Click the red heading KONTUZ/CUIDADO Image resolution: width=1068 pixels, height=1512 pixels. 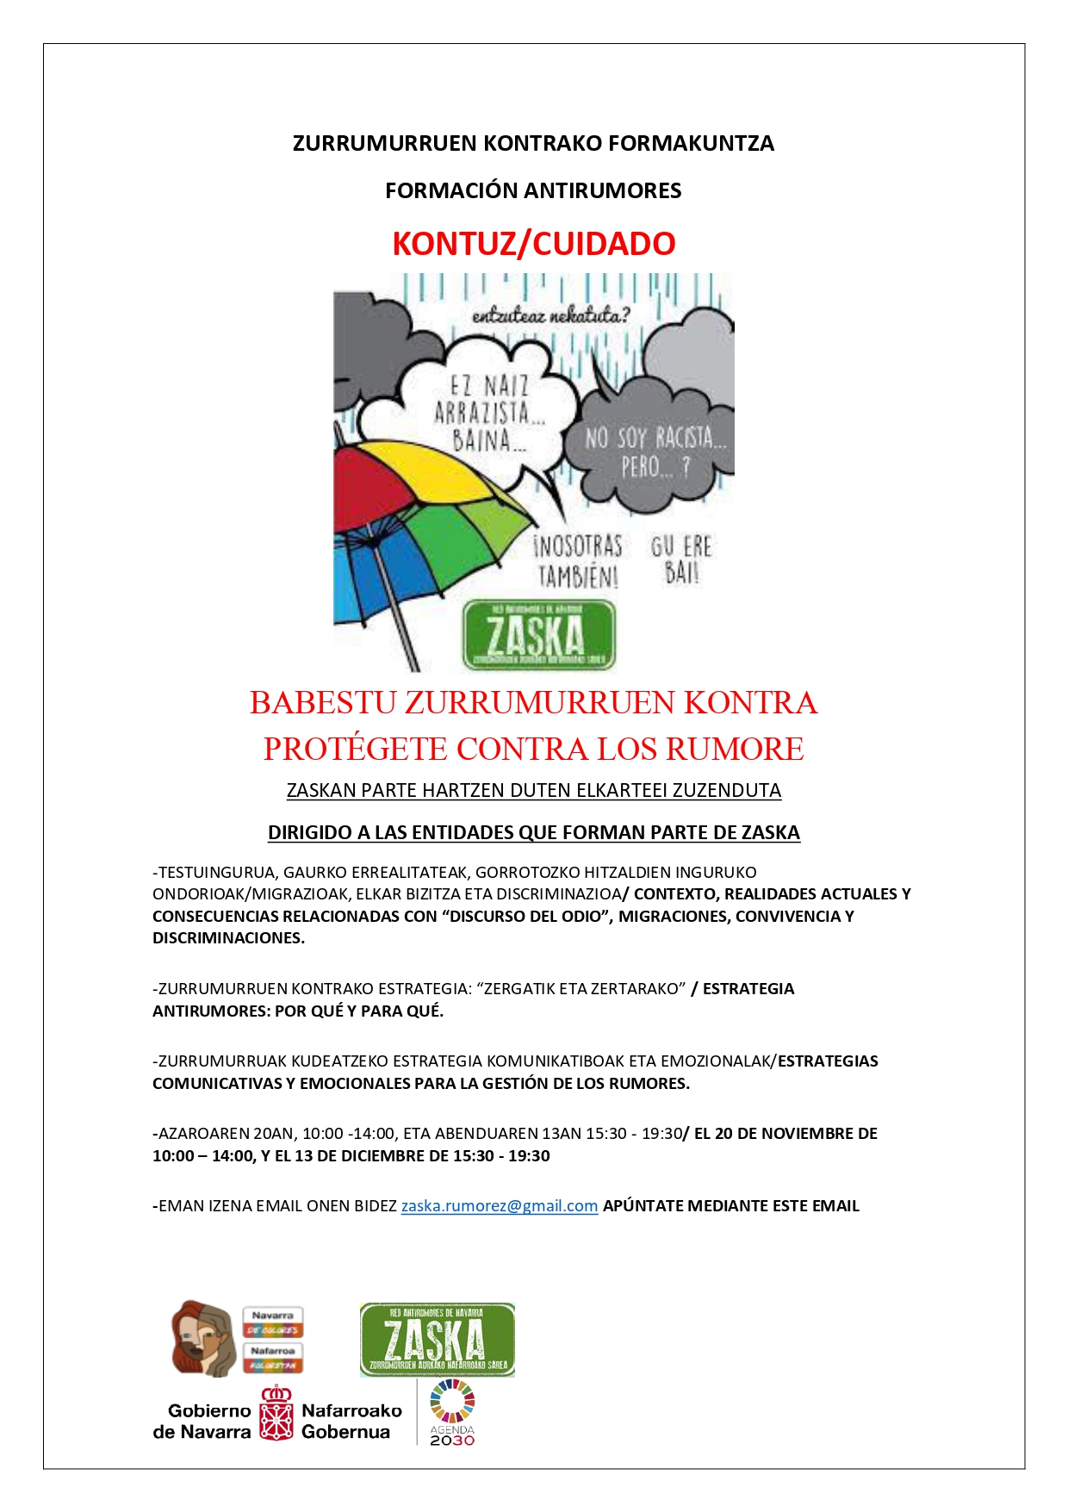point(533,244)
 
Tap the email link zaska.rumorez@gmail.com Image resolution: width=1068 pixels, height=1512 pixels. point(499,1205)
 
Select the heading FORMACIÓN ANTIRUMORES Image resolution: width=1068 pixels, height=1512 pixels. point(533,190)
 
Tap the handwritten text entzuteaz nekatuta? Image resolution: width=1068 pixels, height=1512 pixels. point(550,316)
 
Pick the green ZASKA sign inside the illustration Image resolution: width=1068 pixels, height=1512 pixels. point(538,636)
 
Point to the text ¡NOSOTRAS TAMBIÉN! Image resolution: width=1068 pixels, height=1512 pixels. point(578,560)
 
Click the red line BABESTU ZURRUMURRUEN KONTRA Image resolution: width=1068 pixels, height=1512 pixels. point(533,702)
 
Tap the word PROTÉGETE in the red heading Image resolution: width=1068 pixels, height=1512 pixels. point(356,749)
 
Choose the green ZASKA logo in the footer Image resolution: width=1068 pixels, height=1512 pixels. point(437,1340)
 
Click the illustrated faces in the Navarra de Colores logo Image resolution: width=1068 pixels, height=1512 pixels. point(203,1338)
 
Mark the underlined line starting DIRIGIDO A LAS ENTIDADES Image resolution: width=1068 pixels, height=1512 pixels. point(533,832)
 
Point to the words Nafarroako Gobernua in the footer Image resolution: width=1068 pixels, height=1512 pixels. point(351,1421)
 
